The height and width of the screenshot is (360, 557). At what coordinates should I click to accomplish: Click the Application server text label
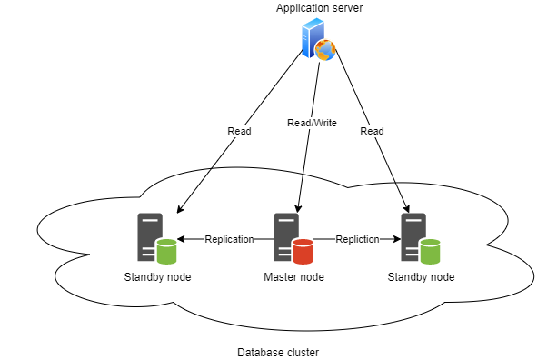pyautogui.click(x=319, y=8)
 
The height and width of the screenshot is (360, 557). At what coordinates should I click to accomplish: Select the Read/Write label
pyautogui.click(x=312, y=123)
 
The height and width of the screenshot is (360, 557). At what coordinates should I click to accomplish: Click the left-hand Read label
pyautogui.click(x=239, y=131)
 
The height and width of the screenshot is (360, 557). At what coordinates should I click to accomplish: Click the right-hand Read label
pyautogui.click(x=372, y=131)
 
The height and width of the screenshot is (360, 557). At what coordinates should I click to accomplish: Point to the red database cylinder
pyautogui.click(x=303, y=251)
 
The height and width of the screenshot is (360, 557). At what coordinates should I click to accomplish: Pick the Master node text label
pyautogui.click(x=293, y=277)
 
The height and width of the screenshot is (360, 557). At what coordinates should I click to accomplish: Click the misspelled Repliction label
pyautogui.click(x=357, y=239)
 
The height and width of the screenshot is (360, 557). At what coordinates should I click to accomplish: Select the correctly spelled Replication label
pyautogui.click(x=228, y=239)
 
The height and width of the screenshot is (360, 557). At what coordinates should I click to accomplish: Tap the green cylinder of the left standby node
pyautogui.click(x=166, y=251)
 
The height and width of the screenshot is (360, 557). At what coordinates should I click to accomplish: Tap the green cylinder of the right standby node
pyautogui.click(x=430, y=251)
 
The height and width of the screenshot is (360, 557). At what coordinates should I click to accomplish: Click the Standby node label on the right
pyautogui.click(x=421, y=277)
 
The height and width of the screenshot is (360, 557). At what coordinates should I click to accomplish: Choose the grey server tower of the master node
pyautogui.click(x=285, y=237)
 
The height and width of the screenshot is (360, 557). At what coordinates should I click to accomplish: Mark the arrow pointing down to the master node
pyautogui.click(x=301, y=192)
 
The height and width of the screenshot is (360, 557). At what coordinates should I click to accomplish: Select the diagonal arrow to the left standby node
pyautogui.click(x=194, y=190)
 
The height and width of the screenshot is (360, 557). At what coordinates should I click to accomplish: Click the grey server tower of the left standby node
pyautogui.click(x=149, y=237)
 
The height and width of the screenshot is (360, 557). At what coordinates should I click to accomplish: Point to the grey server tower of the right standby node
pyautogui.click(x=413, y=237)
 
